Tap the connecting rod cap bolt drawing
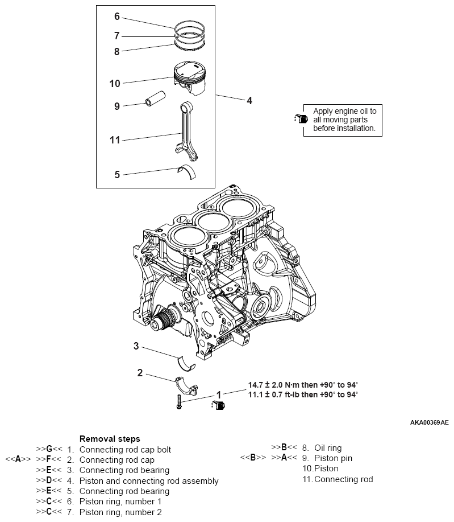click(x=178, y=401)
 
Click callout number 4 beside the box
click(x=249, y=101)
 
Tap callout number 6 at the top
click(x=117, y=17)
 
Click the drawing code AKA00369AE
click(x=429, y=423)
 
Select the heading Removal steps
click(x=109, y=439)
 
